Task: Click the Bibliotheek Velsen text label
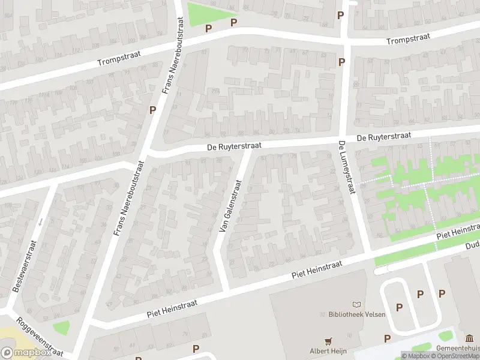coord(357,314)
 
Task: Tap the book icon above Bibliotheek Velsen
coord(358,305)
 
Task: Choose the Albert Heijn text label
coord(328,350)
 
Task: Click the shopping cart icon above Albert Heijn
coord(328,341)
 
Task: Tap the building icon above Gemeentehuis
coord(469,338)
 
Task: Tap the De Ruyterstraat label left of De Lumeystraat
coord(234,146)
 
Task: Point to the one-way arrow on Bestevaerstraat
coord(40,222)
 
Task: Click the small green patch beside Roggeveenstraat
coord(61,328)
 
